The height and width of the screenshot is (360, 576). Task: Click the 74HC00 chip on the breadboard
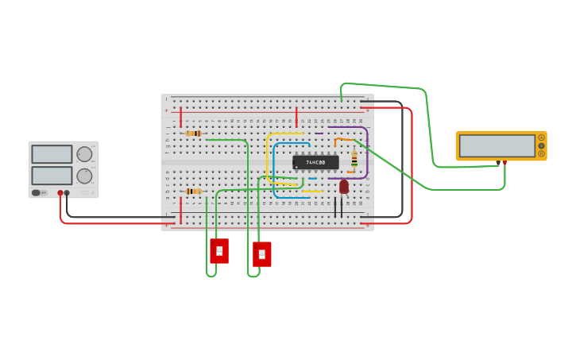click(x=315, y=162)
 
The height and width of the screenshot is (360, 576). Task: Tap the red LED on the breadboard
click(x=343, y=187)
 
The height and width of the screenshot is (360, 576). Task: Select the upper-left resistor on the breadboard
click(x=193, y=134)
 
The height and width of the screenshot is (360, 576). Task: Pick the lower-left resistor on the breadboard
click(x=192, y=192)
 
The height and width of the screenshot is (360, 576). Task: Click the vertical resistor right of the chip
click(x=354, y=159)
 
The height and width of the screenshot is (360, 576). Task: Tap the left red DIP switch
click(x=219, y=250)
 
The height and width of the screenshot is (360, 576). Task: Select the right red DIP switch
click(x=261, y=254)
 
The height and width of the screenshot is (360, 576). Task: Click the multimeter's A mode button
click(x=541, y=137)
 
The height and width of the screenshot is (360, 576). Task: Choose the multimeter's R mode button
click(x=541, y=153)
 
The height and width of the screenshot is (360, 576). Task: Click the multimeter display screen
click(x=497, y=145)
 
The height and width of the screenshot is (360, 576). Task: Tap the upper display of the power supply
click(x=52, y=154)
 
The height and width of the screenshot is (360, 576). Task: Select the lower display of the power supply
click(x=52, y=175)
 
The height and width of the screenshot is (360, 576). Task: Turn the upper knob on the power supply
click(x=84, y=154)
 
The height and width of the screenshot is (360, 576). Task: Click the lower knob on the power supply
click(x=84, y=176)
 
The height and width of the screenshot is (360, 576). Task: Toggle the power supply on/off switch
click(x=36, y=192)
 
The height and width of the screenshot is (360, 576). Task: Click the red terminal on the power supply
click(x=60, y=193)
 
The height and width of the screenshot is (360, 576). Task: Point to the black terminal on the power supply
click(x=67, y=193)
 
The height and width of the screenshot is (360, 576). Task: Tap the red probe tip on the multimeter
click(x=504, y=163)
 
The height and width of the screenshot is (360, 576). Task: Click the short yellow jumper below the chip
click(x=312, y=191)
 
